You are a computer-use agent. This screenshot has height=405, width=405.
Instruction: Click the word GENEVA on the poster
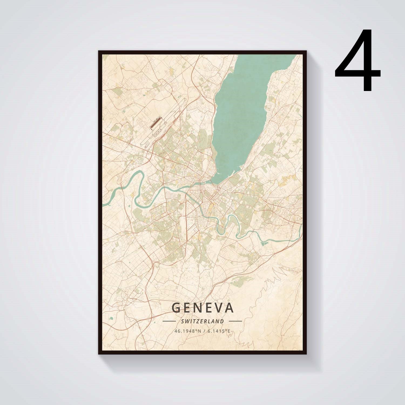tap(202, 308)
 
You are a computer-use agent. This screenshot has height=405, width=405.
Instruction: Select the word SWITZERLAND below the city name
tap(202, 321)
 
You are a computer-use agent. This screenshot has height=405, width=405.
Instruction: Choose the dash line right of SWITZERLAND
tap(235, 321)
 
